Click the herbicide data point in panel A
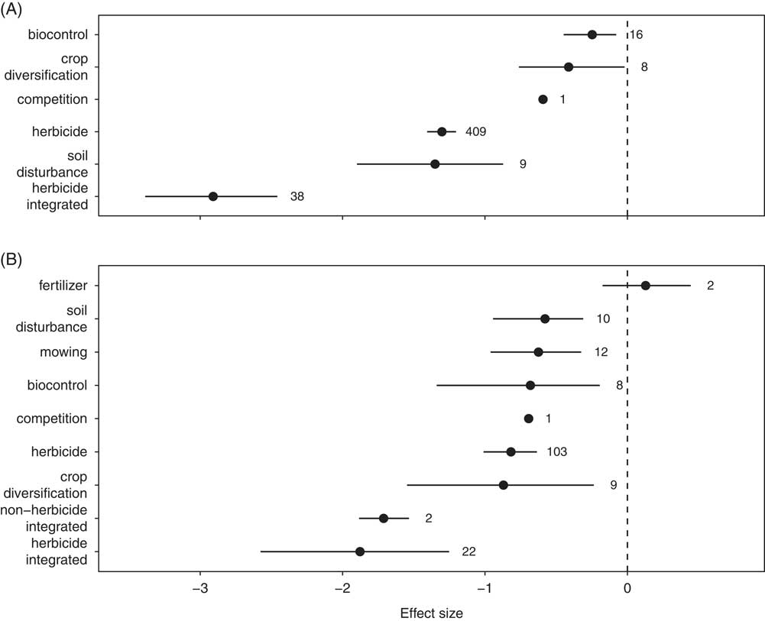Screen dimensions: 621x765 click(x=442, y=131)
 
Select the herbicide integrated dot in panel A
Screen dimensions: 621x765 click(x=213, y=196)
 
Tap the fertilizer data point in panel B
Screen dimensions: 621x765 click(x=646, y=286)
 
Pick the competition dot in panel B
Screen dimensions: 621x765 click(x=529, y=419)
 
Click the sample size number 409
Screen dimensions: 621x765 click(x=475, y=131)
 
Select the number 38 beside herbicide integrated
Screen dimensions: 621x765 click(x=297, y=196)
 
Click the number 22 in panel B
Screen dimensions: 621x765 click(x=468, y=551)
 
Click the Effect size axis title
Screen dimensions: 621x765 click(x=431, y=612)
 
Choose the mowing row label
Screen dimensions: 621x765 click(x=63, y=352)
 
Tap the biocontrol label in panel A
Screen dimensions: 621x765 click(x=58, y=34)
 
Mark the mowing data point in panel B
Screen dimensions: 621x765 click(x=539, y=352)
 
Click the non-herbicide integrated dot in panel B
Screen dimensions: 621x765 click(x=384, y=518)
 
